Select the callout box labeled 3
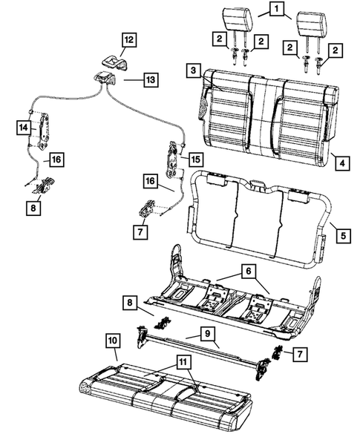pos(192,69)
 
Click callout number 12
pos(129,39)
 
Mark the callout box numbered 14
pos(22,128)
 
